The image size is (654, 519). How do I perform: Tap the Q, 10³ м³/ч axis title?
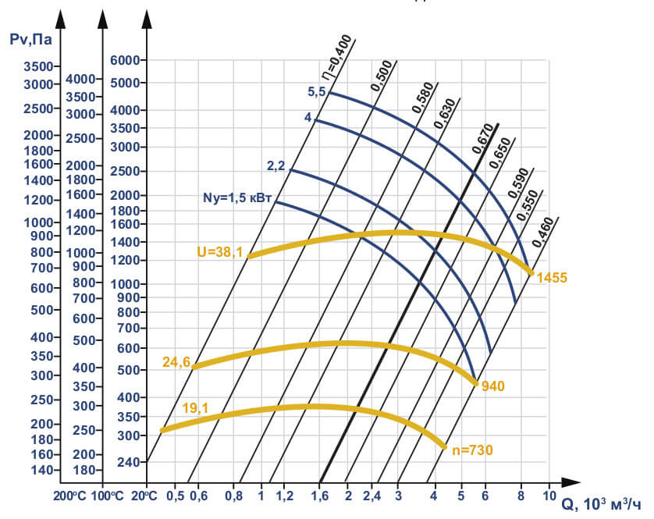pos(603,503)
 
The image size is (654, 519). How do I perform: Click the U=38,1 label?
pos(220,251)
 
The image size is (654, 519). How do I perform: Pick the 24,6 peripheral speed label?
pos(176,361)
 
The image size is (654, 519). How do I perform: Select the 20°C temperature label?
pos(155,495)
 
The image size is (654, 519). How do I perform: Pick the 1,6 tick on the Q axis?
pos(318,496)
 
